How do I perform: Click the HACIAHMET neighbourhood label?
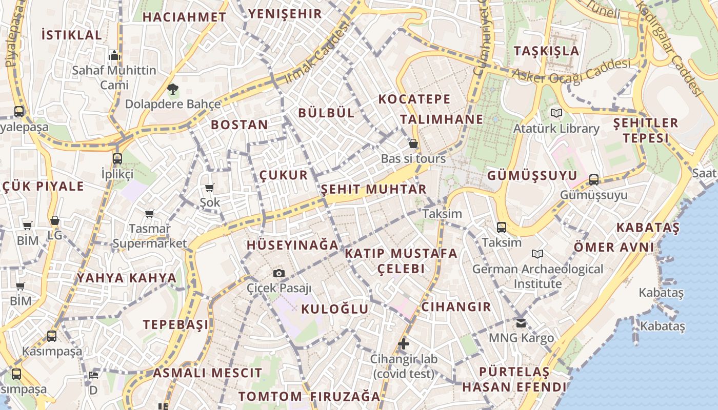184,17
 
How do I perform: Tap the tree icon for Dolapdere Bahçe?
173,90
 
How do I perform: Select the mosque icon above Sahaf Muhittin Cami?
114,55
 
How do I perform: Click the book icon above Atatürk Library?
556,113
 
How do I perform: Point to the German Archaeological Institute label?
537,276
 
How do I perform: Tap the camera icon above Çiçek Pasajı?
279,274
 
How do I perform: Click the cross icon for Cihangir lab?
404,344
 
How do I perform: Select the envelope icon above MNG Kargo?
521,323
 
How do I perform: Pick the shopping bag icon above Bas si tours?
413,144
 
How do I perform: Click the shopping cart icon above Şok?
209,188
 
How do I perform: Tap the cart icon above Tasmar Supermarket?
149,214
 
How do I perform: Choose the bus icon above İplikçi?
117,158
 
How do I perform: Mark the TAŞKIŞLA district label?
546,51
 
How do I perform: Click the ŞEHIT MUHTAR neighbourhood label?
373,189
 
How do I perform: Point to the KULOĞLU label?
334,309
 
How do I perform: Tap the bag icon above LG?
55,220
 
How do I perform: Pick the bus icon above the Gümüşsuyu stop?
594,179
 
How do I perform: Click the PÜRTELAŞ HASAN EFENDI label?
514,379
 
